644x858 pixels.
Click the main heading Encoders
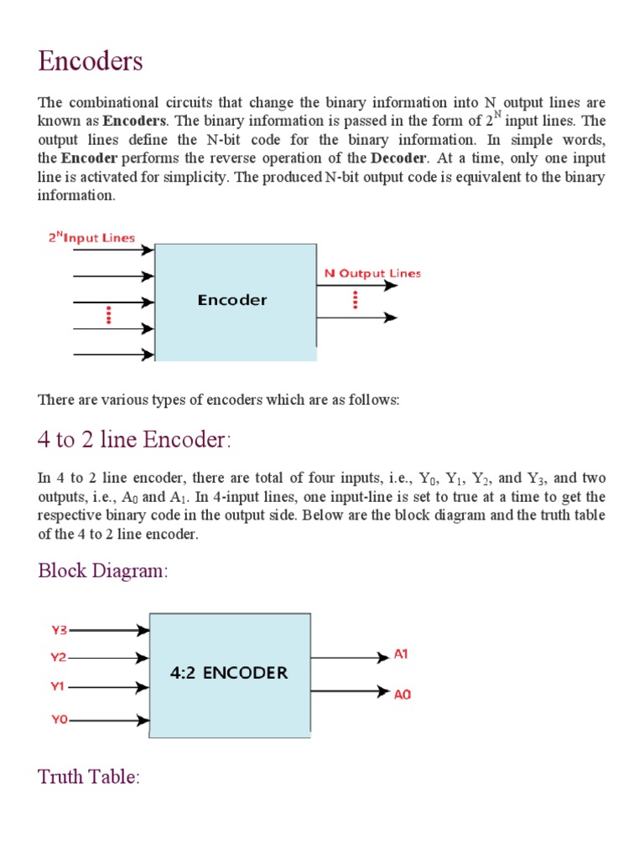91,61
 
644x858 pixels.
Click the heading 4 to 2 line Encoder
134,439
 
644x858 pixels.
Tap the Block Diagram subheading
103,571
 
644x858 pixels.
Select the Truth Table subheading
88,777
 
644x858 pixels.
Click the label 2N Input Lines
91,238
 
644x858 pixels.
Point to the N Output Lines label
372,273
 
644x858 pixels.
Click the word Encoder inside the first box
232,299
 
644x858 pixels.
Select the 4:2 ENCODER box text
229,672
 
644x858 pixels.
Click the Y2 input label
58,658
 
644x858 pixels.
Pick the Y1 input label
57,686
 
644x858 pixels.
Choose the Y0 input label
58,719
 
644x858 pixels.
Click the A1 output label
401,654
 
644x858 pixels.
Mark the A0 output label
402,694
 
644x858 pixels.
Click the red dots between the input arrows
108,315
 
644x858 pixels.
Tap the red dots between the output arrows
355,300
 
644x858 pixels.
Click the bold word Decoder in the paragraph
394,158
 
